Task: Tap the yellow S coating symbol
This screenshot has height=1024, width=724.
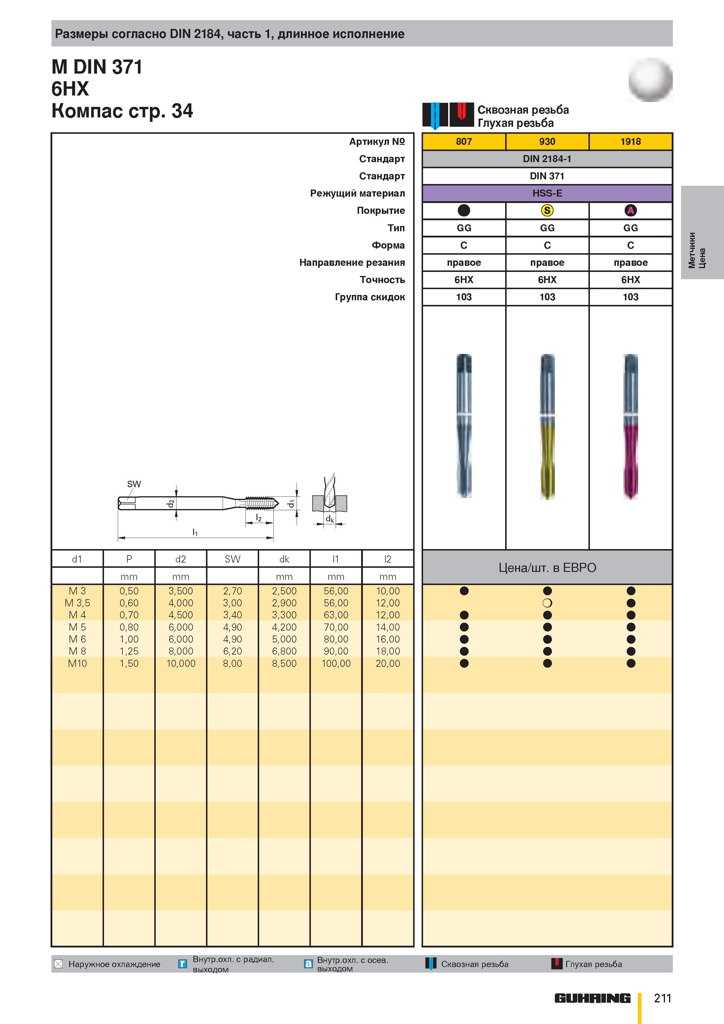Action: [547, 211]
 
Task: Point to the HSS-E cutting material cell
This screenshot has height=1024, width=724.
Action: [547, 193]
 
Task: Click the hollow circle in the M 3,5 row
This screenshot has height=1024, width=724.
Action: [547, 603]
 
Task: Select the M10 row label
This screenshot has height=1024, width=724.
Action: [77, 663]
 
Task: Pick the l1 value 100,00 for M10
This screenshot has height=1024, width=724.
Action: [336, 663]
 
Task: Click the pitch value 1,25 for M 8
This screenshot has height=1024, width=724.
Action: [129, 651]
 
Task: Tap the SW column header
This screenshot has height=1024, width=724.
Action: [232, 559]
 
